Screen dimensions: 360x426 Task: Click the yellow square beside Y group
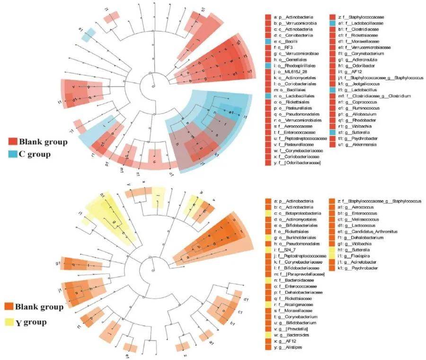tap(13, 323)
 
